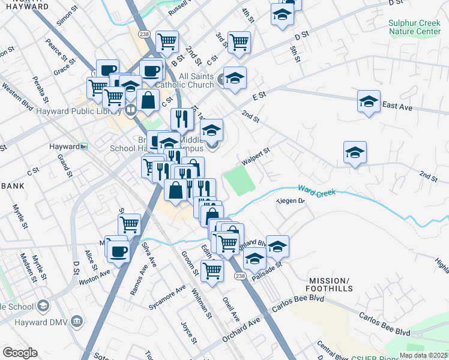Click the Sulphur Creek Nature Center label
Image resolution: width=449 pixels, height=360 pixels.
[414, 27]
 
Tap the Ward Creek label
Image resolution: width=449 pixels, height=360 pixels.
[315, 190]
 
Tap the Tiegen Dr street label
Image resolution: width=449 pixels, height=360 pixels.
[291, 201]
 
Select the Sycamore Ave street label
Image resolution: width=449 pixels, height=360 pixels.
[167, 298]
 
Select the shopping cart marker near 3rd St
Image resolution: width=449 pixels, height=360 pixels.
[239, 42]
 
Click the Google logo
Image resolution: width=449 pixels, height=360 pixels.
[20, 353]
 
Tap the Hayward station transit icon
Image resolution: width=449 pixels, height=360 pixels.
[84, 146]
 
